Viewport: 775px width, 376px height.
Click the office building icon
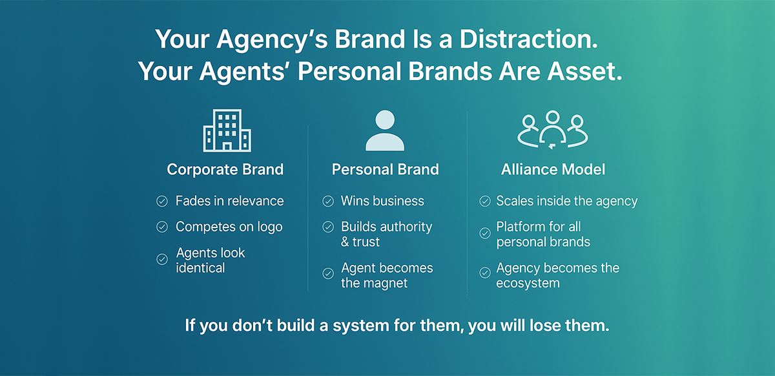pos(227,130)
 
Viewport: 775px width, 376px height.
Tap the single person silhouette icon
pos(384,131)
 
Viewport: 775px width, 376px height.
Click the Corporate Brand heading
pos(225,170)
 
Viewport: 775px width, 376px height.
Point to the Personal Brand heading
pos(385,170)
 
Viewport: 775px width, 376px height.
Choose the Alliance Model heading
pos(553,170)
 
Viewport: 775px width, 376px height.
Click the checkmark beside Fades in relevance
pos(162,202)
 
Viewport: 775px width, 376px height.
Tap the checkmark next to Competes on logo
pos(162,227)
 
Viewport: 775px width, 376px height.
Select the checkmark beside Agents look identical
pos(162,259)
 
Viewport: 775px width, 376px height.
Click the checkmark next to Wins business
pos(328,202)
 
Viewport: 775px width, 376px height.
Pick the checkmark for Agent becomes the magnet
pos(328,275)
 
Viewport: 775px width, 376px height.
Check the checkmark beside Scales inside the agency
pos(484,202)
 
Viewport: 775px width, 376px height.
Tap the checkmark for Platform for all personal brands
pos(484,234)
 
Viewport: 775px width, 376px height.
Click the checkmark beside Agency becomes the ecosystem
pos(484,275)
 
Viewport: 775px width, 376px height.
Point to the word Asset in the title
pos(583,71)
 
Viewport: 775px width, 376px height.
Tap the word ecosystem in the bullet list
pos(528,283)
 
